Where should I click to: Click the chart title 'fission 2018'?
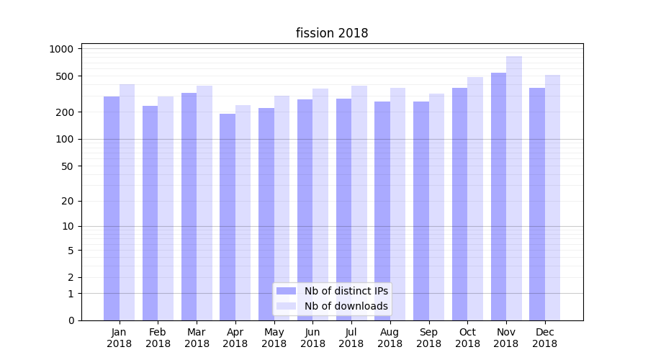coord(332,33)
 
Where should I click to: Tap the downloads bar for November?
coord(514,188)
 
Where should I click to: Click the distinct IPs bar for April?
coord(228,217)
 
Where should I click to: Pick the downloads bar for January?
coord(127,202)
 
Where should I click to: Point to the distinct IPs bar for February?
coord(150,213)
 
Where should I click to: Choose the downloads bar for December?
coord(553,197)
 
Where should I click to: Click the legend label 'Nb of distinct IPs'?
coord(346,291)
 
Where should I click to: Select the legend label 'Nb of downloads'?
coord(346,306)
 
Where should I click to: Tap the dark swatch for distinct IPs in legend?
coord(287,291)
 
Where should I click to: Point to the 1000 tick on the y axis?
coord(62,49)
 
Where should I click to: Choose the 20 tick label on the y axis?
coord(68,201)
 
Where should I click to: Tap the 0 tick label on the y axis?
coord(71,320)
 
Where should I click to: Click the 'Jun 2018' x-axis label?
coord(312,338)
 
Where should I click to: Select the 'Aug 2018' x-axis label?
coord(390,338)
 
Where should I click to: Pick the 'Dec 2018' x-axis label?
coord(544,338)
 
